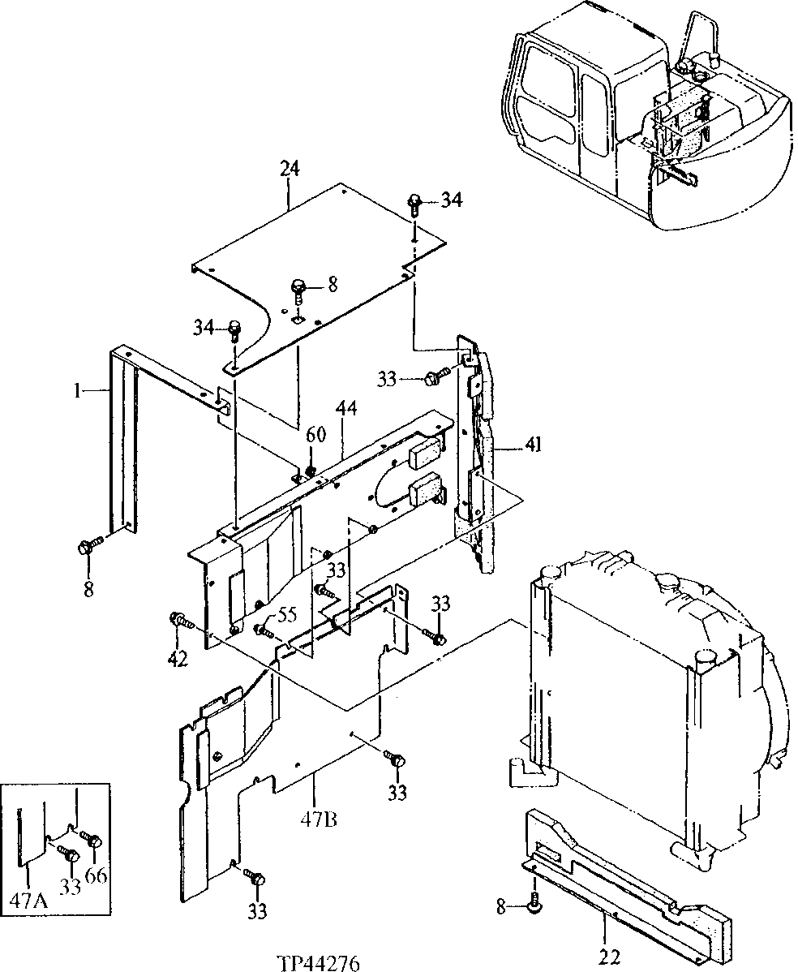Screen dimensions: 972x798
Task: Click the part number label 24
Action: tap(290, 170)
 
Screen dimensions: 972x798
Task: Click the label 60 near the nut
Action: tap(315, 435)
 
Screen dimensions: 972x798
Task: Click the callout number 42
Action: tap(178, 659)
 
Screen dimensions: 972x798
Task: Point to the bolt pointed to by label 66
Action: tap(92, 841)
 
